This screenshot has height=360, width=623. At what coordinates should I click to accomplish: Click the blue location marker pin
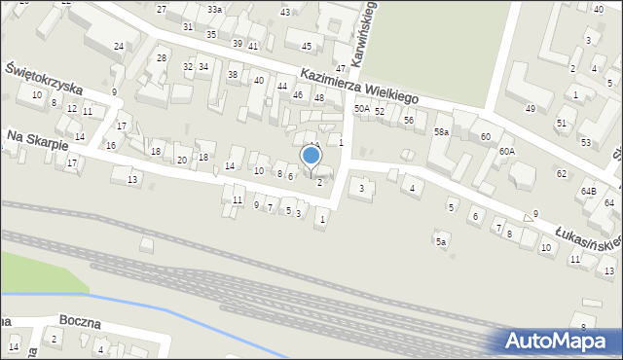click(311, 156)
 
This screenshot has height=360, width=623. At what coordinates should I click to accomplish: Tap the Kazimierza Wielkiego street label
click(358, 87)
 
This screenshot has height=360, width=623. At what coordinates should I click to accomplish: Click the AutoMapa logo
click(559, 341)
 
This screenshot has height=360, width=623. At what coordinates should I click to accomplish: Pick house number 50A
click(361, 110)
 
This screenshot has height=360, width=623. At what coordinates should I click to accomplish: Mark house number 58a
click(442, 131)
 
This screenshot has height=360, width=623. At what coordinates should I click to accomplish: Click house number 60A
click(507, 152)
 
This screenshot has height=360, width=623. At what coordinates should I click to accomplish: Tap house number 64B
click(589, 192)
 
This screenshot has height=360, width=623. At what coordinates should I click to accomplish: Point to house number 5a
click(441, 241)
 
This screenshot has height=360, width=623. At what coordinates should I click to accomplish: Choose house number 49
click(530, 108)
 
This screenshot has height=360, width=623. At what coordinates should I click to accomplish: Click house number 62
click(562, 173)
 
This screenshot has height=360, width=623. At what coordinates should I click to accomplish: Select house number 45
click(307, 47)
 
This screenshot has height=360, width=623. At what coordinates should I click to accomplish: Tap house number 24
click(118, 47)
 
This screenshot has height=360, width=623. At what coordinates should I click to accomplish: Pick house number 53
click(585, 143)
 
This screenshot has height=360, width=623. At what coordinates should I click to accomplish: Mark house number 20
click(181, 160)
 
